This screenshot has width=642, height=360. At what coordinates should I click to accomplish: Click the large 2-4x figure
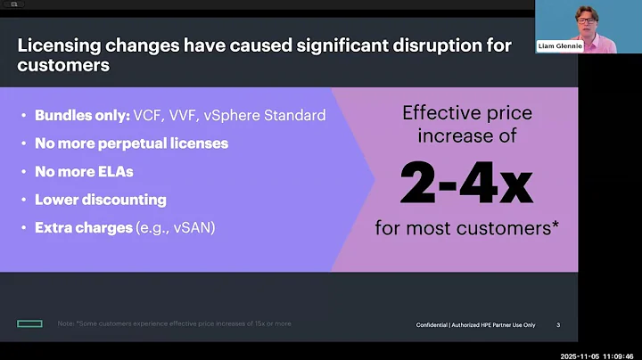pos(466,183)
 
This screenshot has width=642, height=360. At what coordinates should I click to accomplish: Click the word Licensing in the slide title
pos(60,45)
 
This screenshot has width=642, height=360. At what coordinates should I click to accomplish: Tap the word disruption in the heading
pos(431,45)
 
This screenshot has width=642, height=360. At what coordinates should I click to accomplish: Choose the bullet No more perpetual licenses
pos(131,143)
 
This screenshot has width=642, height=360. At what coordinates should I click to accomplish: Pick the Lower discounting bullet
pos(100,200)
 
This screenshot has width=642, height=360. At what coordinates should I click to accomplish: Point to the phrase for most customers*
pos(466,228)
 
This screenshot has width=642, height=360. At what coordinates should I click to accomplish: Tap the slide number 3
pos(558,324)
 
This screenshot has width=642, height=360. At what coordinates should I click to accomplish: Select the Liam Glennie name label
pos(560,45)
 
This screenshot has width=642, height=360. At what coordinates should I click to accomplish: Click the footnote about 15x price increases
pos(174,323)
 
